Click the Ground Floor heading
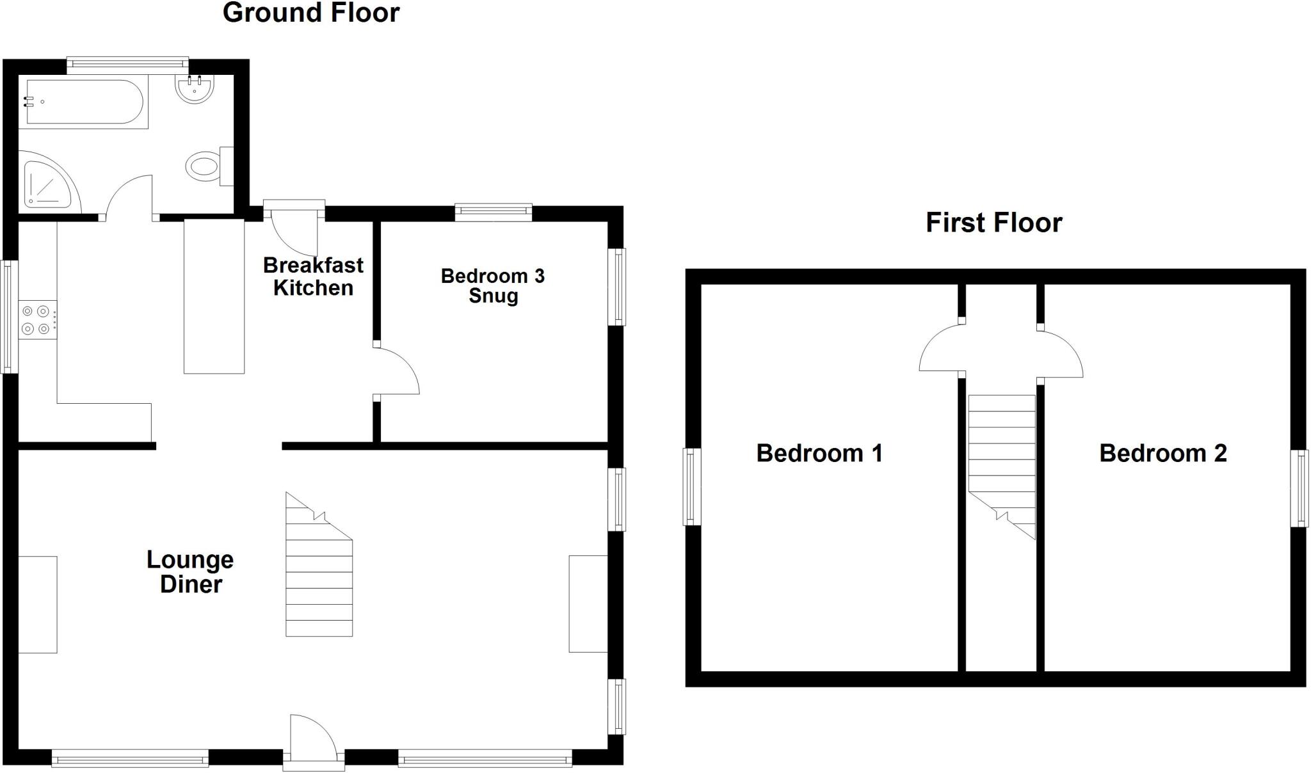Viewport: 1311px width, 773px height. (311, 13)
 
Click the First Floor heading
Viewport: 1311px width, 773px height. (993, 223)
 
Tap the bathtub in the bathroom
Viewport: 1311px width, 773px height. (83, 102)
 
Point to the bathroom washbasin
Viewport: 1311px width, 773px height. (194, 90)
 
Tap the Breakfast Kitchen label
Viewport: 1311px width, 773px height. (313, 276)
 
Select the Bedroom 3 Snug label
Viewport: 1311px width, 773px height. (492, 285)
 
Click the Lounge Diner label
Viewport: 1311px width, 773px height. (190, 571)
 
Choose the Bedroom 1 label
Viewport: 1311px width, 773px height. (819, 453)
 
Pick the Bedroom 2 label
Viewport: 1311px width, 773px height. (1162, 453)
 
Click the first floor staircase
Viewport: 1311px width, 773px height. (1002, 461)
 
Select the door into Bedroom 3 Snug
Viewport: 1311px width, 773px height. (397, 371)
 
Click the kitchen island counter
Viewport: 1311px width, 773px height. (214, 296)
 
